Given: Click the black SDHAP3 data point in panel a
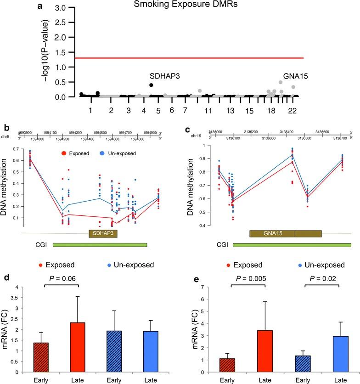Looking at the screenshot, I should point(151,85).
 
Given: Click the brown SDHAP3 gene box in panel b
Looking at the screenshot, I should point(103,233).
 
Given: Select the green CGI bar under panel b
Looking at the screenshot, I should point(100,245).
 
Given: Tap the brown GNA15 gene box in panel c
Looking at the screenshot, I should point(285,233).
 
